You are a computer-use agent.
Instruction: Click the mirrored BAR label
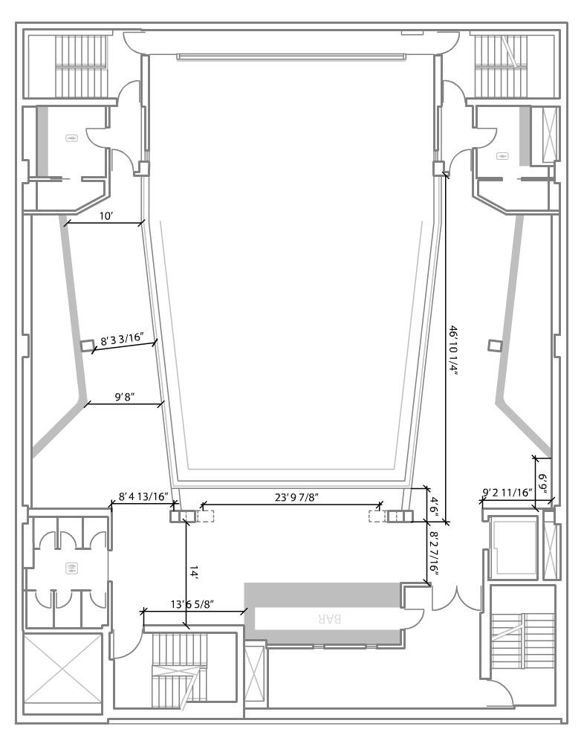pos(330,619)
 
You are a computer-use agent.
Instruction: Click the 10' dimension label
pos(106,216)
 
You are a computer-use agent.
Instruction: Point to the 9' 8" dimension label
pos(124,398)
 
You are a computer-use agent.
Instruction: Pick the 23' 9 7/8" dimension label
pos(297,497)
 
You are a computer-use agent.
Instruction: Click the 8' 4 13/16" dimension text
pos(143,496)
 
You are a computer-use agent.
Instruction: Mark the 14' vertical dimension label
pos(193,572)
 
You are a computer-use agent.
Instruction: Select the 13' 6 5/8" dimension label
pos(192,604)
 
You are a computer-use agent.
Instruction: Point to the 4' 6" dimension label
pos(434,508)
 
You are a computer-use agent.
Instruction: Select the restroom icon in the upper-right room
pos(502,156)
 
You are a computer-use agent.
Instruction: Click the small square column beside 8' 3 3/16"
pos(87,346)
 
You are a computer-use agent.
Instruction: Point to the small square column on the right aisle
pos(494,346)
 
